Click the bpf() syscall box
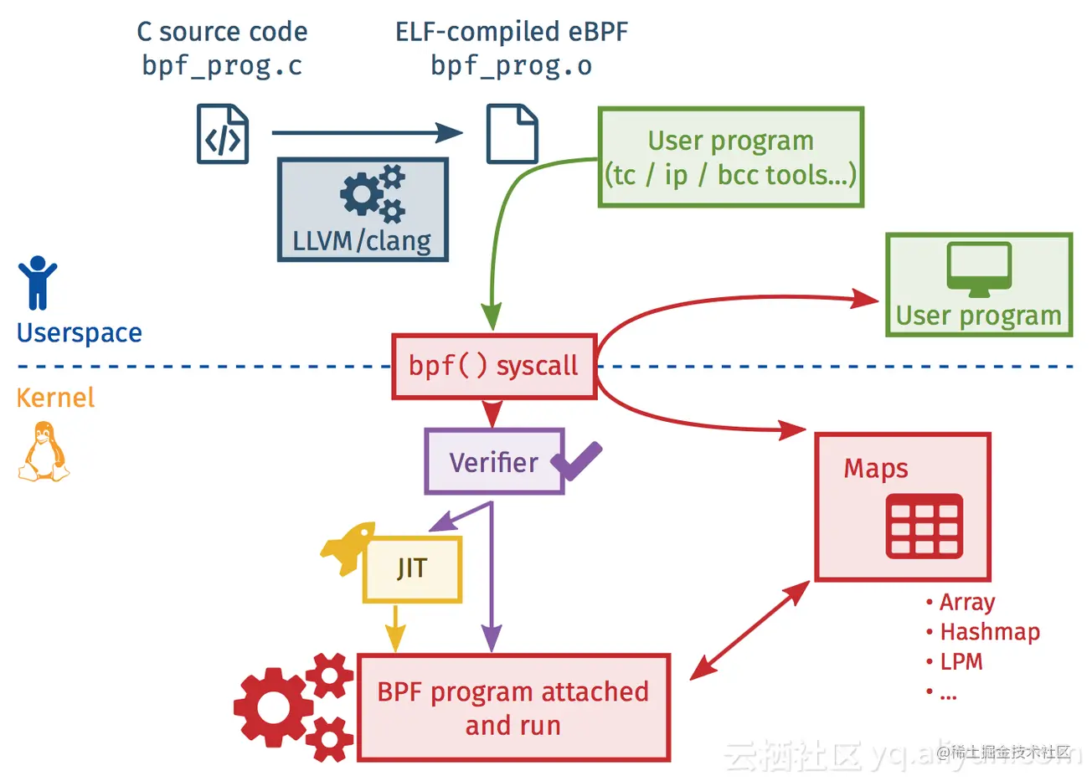pos(493,367)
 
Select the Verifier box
pos(493,462)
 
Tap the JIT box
pos(412,569)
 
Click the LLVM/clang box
pos(363,210)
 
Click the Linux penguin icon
pos(44,452)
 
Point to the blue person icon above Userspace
pos(37,282)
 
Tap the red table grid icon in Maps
pos(924,527)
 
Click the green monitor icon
pos(979,269)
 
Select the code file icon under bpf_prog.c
pos(223,134)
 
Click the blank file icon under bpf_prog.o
pos(512,134)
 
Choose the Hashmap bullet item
pos(989,632)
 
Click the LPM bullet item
pos(961,662)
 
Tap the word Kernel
pos(55,398)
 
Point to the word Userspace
pos(80,333)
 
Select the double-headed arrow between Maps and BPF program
pos(749,629)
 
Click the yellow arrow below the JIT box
pos(395,628)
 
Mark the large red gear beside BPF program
pos(273,706)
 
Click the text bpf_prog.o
pos(511,66)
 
